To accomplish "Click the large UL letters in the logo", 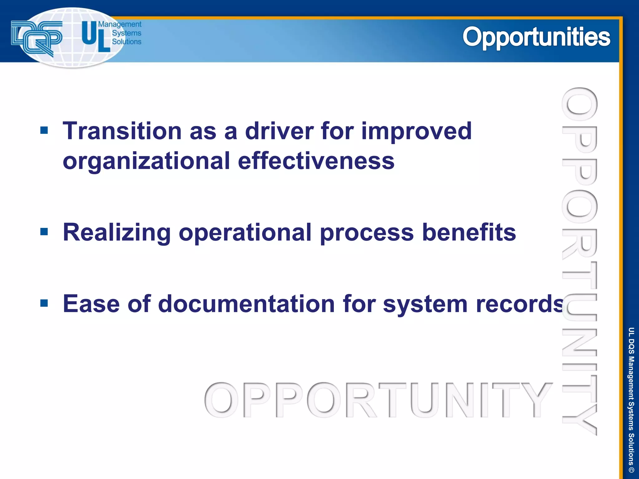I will click(x=95, y=37).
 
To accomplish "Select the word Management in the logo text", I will click(x=120, y=24).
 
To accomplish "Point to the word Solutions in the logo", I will click(x=126, y=41).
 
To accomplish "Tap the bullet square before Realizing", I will click(x=44, y=232).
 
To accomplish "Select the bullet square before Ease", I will click(x=44, y=303).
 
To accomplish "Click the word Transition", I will click(x=122, y=131).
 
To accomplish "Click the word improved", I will click(x=417, y=132).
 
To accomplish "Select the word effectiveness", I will click(x=316, y=161).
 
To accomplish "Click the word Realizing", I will click(x=117, y=233).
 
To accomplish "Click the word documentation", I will click(x=246, y=304).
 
